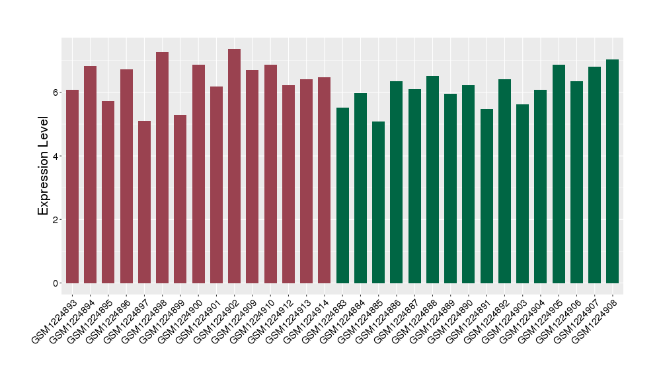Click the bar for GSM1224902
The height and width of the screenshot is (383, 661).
click(234, 166)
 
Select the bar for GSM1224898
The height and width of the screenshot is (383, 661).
click(162, 168)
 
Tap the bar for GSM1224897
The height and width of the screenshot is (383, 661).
click(144, 202)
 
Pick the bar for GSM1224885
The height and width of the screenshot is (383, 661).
click(378, 202)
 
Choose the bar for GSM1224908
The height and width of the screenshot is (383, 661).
click(612, 171)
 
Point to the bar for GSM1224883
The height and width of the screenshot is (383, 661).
click(342, 195)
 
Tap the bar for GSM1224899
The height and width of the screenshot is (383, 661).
click(180, 199)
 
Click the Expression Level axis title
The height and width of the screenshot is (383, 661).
click(44, 166)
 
